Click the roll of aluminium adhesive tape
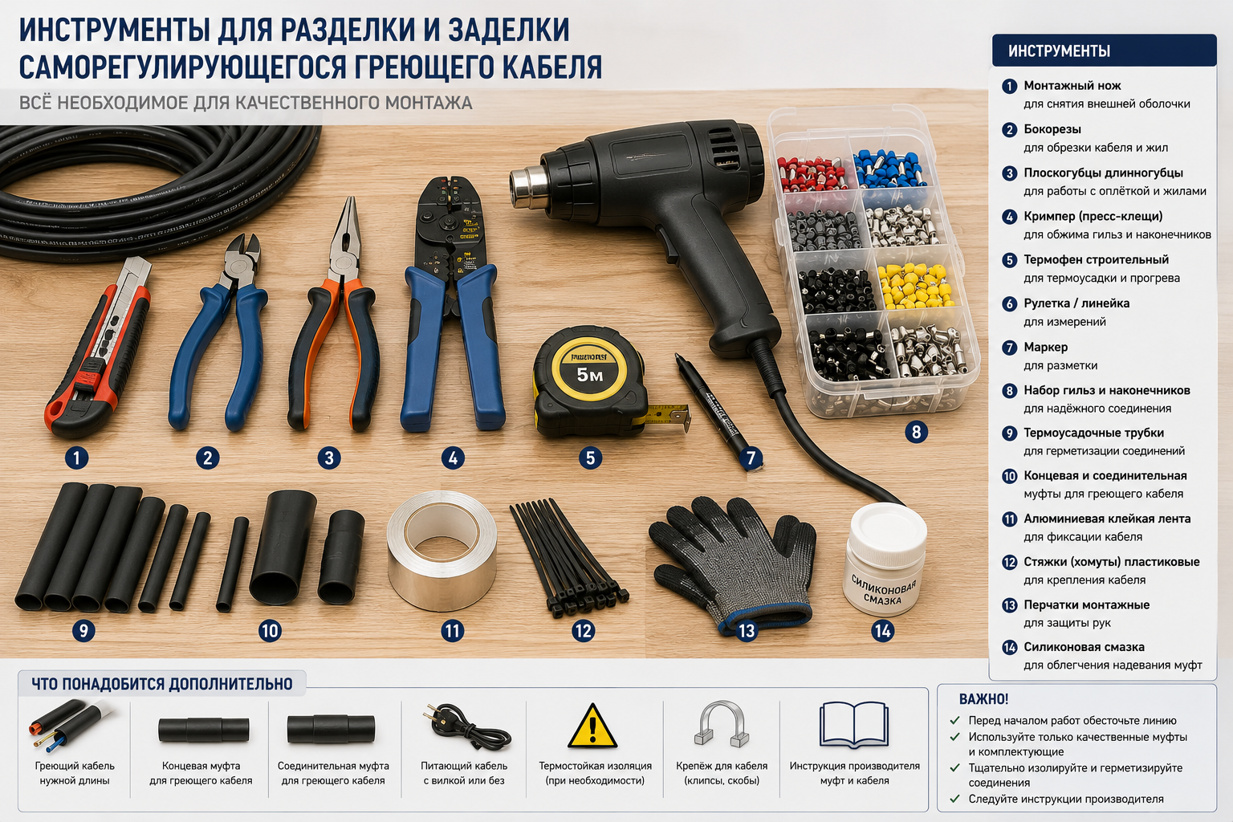pos(442,551)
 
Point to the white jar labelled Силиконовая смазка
pos(884,559)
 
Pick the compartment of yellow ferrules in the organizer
pos(915,285)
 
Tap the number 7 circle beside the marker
pos(751,458)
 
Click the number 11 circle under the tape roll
pos(453,631)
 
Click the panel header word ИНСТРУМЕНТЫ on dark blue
pos(1059,51)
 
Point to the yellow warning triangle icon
pos(592,726)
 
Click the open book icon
pos(854,725)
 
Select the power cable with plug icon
pos(466,727)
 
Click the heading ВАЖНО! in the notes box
pos(983,699)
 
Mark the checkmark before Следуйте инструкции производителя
pos(955,799)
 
